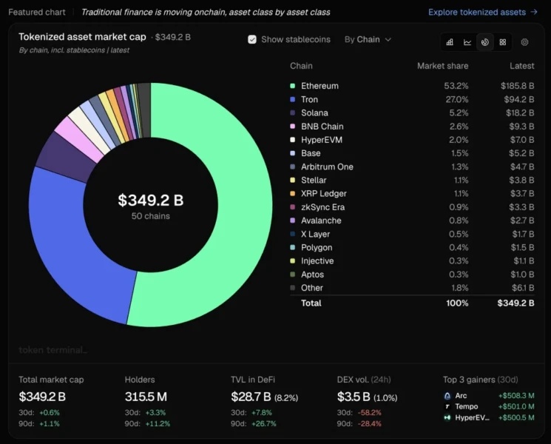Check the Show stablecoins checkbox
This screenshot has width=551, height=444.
pyautogui.click(x=252, y=39)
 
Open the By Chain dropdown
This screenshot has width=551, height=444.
pyautogui.click(x=368, y=39)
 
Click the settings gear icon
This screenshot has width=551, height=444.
pyautogui.click(x=524, y=42)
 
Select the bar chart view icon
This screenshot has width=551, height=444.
pyautogui.click(x=450, y=42)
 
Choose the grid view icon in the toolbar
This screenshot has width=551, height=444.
pyautogui.click(x=503, y=42)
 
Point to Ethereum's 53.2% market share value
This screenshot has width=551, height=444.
pyautogui.click(x=456, y=86)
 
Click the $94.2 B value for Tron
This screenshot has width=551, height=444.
pyautogui.click(x=519, y=99)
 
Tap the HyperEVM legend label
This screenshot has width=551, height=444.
pyautogui.click(x=322, y=140)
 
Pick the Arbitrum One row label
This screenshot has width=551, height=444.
pyautogui.click(x=327, y=166)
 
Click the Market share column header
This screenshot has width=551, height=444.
pyautogui.click(x=443, y=66)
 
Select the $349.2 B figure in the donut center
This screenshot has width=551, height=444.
pyautogui.click(x=151, y=200)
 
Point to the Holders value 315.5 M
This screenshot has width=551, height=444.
pyautogui.click(x=146, y=397)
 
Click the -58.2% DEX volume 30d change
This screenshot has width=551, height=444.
pyautogui.click(x=369, y=412)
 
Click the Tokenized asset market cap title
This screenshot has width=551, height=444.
pyautogui.click(x=82, y=37)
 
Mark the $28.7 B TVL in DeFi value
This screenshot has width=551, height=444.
pyautogui.click(x=251, y=397)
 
